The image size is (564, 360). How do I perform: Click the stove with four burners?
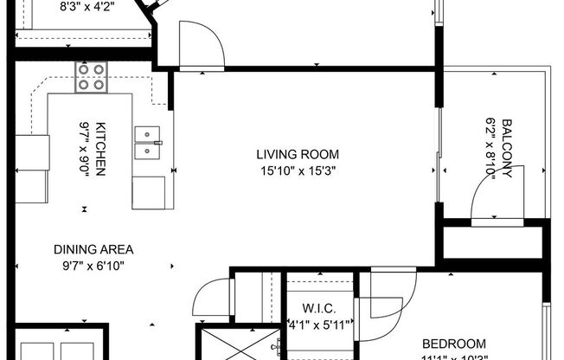point(91,76)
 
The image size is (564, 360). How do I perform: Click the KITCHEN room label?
point(100,148)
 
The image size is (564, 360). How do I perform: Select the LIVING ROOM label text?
point(297,155)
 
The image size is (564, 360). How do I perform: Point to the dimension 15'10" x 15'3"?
point(297,170)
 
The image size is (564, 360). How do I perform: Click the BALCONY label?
point(507,148)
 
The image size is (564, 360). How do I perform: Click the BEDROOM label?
point(452,344)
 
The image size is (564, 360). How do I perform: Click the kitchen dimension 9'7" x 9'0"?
point(85,148)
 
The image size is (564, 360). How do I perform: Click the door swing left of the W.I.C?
point(210,299)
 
